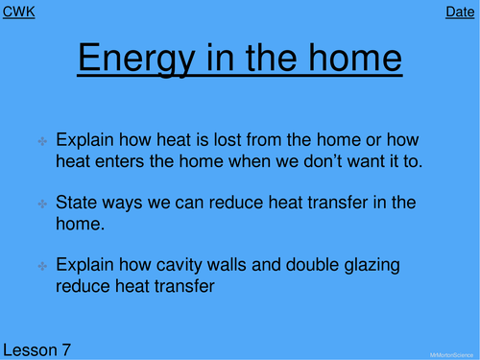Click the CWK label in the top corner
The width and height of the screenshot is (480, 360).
pos(20,12)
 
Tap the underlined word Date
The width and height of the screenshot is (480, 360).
pos(460,12)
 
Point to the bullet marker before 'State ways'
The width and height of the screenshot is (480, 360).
pos(43,204)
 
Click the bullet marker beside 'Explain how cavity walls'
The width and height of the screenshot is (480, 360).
pos(43,264)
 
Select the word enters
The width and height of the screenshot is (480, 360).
pos(118,161)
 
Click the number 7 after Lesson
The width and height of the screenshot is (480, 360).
pos(66,348)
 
